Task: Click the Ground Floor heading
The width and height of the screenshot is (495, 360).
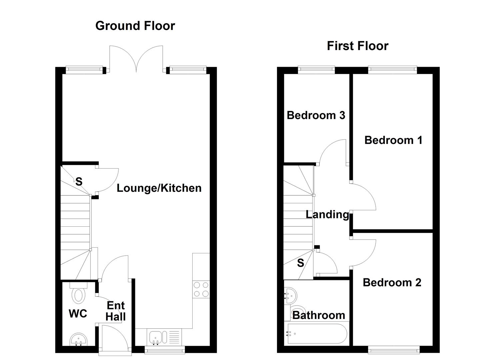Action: pyautogui.click(x=135, y=26)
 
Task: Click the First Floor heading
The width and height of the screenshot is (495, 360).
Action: pyautogui.click(x=357, y=46)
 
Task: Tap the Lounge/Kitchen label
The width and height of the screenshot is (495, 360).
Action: pyautogui.click(x=159, y=188)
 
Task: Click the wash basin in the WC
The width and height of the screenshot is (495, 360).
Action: pyautogui.click(x=79, y=340)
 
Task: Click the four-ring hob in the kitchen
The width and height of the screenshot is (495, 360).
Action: pyautogui.click(x=201, y=289)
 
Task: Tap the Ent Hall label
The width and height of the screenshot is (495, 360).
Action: pyautogui.click(x=116, y=311)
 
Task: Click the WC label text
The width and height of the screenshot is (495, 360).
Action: pyautogui.click(x=78, y=314)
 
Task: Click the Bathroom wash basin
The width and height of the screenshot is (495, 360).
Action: pyautogui.click(x=290, y=295)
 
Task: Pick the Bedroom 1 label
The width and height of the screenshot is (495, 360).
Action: pyautogui.click(x=393, y=140)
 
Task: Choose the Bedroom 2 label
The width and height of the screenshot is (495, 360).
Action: pyautogui.click(x=392, y=283)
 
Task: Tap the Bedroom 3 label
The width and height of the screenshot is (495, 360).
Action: pyautogui.click(x=316, y=115)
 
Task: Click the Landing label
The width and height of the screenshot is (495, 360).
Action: pyautogui.click(x=327, y=214)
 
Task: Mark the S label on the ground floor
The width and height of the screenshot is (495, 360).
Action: pyautogui.click(x=79, y=182)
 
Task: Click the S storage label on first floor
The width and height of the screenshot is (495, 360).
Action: pyautogui.click(x=300, y=263)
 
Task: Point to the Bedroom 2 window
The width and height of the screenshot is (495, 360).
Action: pyautogui.click(x=393, y=349)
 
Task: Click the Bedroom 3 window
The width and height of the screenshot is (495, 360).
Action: pyautogui.click(x=316, y=70)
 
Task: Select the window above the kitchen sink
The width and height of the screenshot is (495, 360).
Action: pyautogui.click(x=165, y=350)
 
